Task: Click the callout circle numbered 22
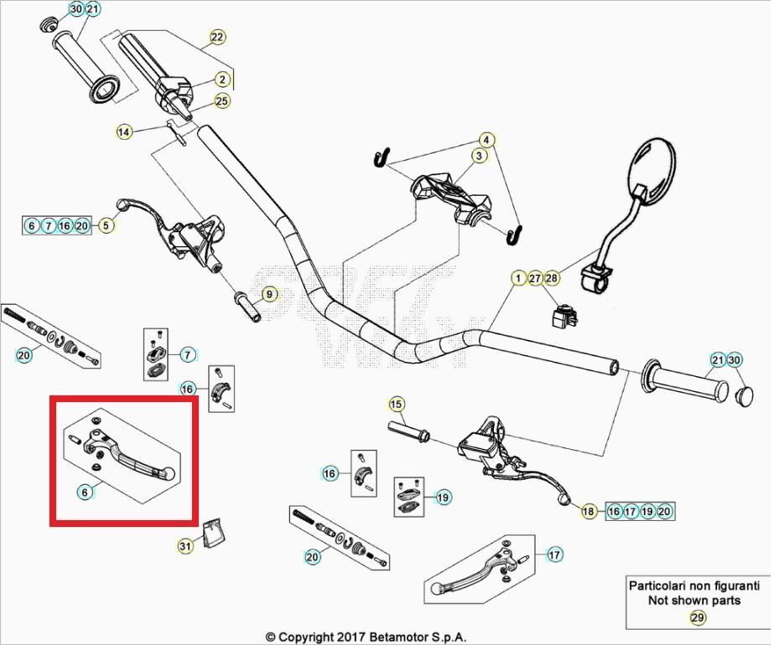tap(217, 37)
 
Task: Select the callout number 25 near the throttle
tap(221, 101)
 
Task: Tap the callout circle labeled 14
tap(124, 132)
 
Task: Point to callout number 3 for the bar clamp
tap(479, 156)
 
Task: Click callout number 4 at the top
tap(486, 139)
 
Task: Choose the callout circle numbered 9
tap(268, 294)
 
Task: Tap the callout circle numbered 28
tap(551, 278)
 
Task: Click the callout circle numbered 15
tap(396, 405)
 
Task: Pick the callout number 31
tap(185, 546)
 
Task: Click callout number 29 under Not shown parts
tap(697, 618)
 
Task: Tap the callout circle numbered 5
tap(106, 225)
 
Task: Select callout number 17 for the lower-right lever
tap(553, 555)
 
